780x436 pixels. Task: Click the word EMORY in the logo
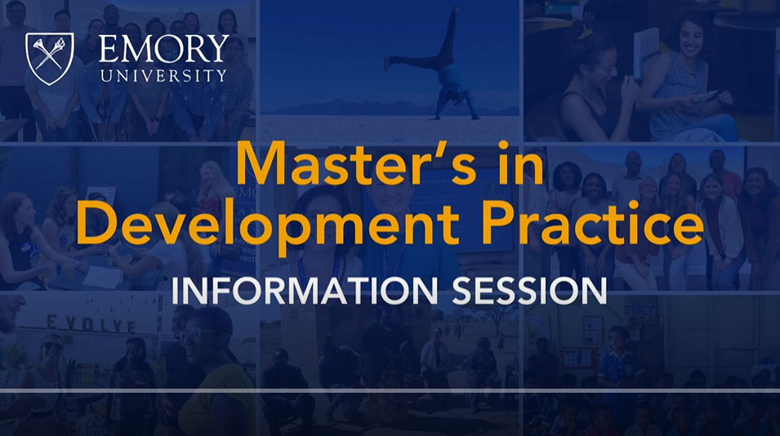click(163, 50)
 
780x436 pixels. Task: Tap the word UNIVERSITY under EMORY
click(163, 75)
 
